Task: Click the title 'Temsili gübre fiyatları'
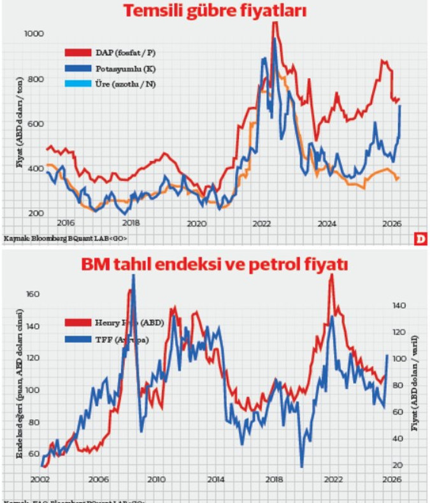pyautogui.click(x=215, y=11)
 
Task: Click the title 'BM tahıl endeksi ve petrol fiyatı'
pyautogui.click(x=215, y=265)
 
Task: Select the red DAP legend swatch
pyautogui.click(x=78, y=52)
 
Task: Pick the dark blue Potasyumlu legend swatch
pyautogui.click(x=78, y=67)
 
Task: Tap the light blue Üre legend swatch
pyautogui.click(x=78, y=83)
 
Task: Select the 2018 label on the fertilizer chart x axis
pyautogui.click(x=131, y=223)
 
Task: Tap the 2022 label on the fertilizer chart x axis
pyautogui.click(x=262, y=223)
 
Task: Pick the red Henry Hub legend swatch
pyautogui.click(x=78, y=323)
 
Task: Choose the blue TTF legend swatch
pyautogui.click(x=78, y=339)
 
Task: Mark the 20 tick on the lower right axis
pyautogui.click(x=399, y=465)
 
